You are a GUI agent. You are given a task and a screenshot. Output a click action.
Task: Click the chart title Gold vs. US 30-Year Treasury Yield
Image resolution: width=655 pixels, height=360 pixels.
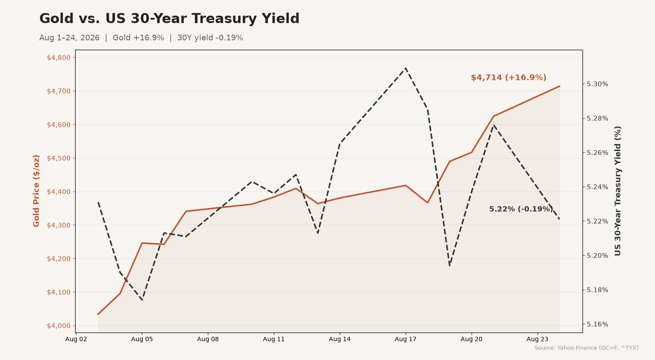click(x=169, y=19)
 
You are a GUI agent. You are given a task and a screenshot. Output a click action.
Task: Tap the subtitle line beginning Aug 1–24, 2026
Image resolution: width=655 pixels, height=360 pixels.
click(x=141, y=38)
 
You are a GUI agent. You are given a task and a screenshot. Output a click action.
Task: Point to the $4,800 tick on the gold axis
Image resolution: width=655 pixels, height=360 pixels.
click(x=59, y=58)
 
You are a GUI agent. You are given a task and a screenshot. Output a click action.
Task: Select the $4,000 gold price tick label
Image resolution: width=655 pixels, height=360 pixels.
click(x=59, y=326)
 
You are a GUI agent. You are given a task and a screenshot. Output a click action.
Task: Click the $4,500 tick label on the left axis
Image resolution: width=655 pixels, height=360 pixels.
click(x=59, y=158)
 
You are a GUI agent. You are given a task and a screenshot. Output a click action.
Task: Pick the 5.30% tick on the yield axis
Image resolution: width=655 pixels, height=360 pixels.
click(x=597, y=84)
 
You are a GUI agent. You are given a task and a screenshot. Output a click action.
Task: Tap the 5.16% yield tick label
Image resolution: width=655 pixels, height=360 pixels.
click(x=597, y=324)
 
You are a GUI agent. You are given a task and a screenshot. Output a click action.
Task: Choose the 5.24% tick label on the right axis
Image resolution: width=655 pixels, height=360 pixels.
click(x=597, y=187)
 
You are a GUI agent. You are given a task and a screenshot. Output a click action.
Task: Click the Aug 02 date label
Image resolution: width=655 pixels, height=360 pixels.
click(x=76, y=339)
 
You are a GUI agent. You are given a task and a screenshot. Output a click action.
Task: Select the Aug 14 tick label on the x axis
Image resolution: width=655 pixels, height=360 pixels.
click(x=340, y=339)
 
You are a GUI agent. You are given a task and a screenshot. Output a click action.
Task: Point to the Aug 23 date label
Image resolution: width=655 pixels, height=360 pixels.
click(x=538, y=339)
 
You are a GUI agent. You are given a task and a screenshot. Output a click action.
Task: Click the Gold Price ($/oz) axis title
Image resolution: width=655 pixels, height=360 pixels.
click(x=36, y=191)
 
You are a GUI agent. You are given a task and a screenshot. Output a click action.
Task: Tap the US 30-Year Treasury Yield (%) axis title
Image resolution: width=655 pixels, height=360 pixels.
click(x=617, y=191)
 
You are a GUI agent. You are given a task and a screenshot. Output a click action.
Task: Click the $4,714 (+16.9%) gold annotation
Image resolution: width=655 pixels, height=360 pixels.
click(x=509, y=77)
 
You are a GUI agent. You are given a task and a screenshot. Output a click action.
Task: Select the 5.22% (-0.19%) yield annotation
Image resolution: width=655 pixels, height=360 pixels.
click(x=521, y=209)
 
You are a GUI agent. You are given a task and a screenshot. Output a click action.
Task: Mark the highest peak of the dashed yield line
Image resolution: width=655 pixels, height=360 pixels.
click(x=406, y=68)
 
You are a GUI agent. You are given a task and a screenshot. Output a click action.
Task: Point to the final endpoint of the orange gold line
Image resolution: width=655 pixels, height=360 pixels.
click(x=560, y=86)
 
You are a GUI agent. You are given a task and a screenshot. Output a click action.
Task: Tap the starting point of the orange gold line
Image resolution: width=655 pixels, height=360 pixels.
click(x=98, y=315)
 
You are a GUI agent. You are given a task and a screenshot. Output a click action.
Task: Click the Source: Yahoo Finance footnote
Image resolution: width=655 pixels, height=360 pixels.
click(x=586, y=348)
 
